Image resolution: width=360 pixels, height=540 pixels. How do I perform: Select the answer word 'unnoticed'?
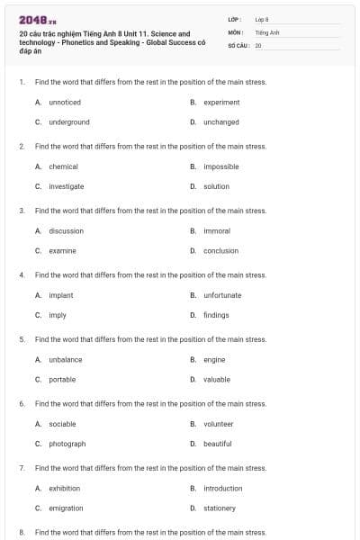(x=65, y=103)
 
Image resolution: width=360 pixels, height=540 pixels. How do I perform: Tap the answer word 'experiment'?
(x=221, y=103)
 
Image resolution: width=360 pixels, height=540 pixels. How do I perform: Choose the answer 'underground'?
(x=69, y=122)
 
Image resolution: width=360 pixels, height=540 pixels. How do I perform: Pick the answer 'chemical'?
(x=63, y=166)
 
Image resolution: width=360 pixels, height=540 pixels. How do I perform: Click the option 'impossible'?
(x=221, y=166)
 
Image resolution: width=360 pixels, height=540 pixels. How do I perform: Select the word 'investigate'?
(x=67, y=186)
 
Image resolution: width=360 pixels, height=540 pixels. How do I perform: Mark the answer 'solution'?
(x=216, y=186)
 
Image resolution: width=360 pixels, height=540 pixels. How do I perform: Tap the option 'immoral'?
(x=217, y=230)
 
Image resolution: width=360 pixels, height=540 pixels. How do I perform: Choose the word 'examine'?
(x=62, y=250)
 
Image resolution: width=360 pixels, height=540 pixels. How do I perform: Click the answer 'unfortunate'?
(x=222, y=295)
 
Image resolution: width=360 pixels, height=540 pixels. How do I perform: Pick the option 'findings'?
(x=216, y=315)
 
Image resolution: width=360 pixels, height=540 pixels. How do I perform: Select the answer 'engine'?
(x=214, y=359)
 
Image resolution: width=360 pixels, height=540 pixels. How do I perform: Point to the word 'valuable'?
(x=217, y=379)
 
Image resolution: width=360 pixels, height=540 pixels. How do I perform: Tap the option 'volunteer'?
(x=219, y=424)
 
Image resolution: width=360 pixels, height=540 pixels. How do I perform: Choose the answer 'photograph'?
(x=67, y=444)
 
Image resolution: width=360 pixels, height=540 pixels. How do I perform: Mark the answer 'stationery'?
(x=220, y=508)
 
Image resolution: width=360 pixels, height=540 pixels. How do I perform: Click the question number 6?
(x=22, y=404)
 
